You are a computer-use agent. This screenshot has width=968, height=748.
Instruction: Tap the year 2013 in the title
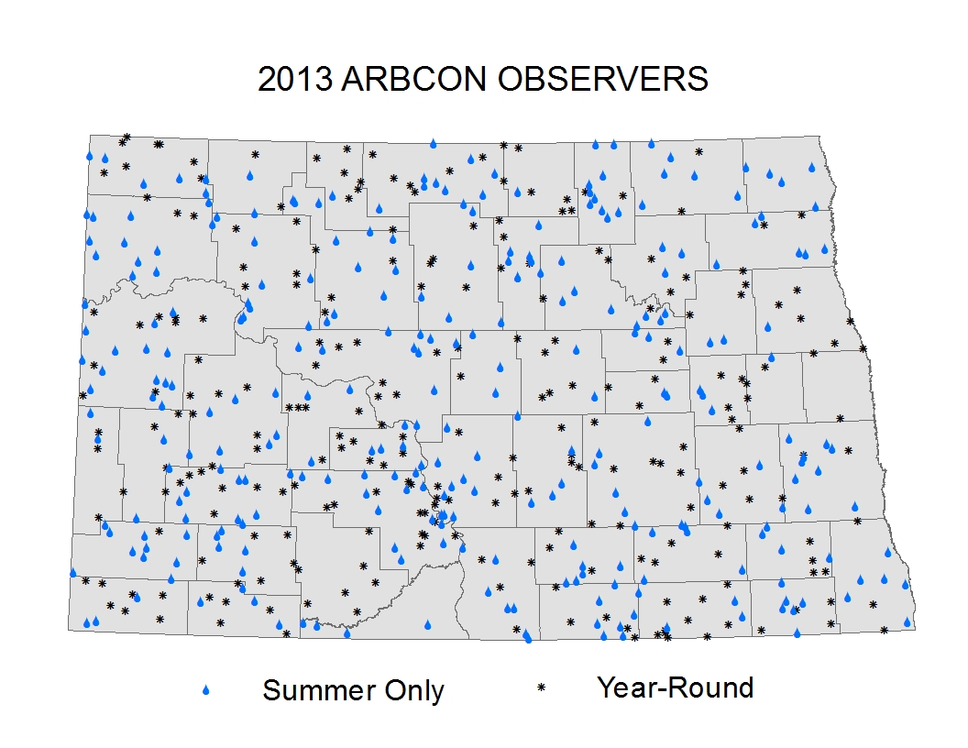[x=294, y=79]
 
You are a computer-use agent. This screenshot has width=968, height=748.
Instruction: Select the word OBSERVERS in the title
[x=602, y=79]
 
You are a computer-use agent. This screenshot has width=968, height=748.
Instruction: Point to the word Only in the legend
[x=414, y=691]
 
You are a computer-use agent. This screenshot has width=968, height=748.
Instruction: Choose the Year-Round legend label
[x=676, y=687]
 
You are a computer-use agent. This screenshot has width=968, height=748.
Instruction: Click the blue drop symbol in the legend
[x=206, y=690]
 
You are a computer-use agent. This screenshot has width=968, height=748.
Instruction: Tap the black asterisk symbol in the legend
[x=542, y=687]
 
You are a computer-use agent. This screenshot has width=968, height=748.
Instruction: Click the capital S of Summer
[x=271, y=690]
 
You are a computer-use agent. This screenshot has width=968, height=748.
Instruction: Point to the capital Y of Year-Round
[x=606, y=687]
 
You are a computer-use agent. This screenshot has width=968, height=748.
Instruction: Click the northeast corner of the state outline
[x=819, y=137]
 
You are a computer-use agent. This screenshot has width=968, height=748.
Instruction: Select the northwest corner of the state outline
[x=90, y=135]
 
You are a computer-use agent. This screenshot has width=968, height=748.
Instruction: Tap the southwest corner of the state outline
[x=69, y=630]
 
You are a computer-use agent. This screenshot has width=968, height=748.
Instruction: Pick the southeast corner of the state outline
[x=915, y=629]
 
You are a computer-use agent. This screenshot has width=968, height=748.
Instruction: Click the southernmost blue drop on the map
[x=528, y=638]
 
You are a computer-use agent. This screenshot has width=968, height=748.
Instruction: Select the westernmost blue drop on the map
[x=72, y=573]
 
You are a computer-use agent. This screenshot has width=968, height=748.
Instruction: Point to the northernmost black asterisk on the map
[x=126, y=137]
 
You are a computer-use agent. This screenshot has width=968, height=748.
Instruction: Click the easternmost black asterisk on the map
[x=884, y=630]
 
